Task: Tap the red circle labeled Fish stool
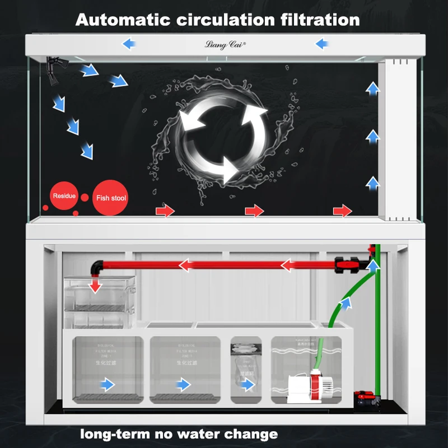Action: point(111,198)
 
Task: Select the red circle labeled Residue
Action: point(63,196)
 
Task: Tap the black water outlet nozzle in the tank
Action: point(54,72)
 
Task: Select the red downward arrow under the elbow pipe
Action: point(96,285)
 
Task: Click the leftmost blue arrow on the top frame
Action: point(129,44)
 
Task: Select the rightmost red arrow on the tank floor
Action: point(342,211)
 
